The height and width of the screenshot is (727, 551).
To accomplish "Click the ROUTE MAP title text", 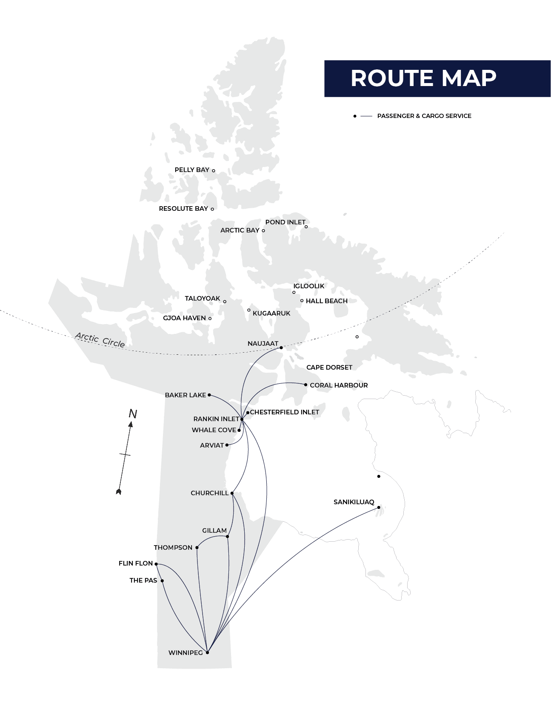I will [x=423, y=78].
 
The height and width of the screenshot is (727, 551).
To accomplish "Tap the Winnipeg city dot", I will [x=207, y=652].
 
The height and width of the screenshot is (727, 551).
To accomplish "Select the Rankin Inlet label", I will [x=216, y=419].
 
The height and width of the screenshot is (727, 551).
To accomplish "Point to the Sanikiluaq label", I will [x=354, y=502].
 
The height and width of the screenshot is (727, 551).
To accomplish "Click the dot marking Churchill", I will [x=232, y=493].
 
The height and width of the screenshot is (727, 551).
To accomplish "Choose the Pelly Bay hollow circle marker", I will [x=214, y=171].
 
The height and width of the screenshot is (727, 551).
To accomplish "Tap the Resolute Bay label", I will [x=183, y=209].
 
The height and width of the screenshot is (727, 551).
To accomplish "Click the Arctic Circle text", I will [x=100, y=340].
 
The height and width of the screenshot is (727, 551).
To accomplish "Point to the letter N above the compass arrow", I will [x=133, y=414].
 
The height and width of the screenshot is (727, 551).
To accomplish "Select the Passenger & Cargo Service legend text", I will [x=424, y=116].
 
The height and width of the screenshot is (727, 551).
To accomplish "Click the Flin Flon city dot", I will [x=156, y=564].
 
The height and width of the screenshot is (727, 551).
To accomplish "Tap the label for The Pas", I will [x=143, y=580].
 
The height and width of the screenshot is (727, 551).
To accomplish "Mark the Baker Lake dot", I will [x=209, y=395].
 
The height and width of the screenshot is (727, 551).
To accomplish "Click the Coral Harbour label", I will [x=339, y=385].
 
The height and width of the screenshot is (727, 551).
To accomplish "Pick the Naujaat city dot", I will [x=281, y=348].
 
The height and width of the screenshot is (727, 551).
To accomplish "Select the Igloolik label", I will [x=309, y=286].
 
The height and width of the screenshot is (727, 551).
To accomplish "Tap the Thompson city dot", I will [x=197, y=548].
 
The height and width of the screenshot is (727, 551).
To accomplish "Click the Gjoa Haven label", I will [x=184, y=318].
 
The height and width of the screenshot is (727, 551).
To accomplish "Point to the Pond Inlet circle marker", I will [x=306, y=227].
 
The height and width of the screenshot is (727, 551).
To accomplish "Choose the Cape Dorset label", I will [x=329, y=368].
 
